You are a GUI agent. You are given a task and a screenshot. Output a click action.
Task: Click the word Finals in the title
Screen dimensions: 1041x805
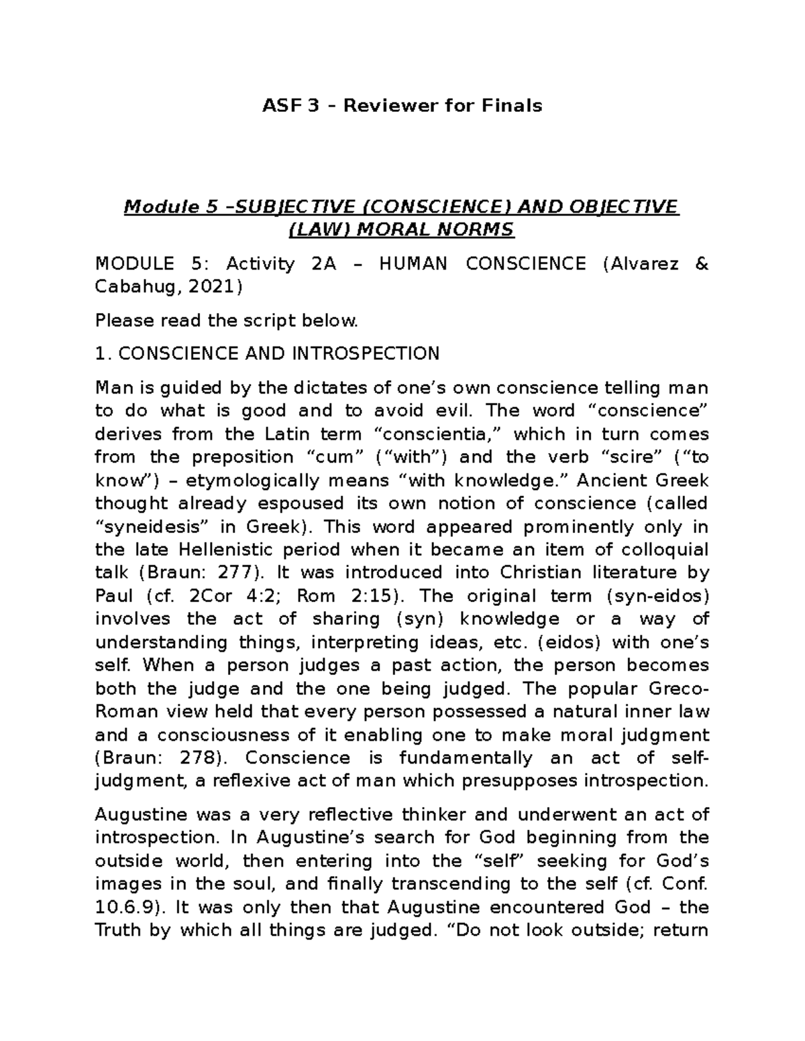[513, 105]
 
